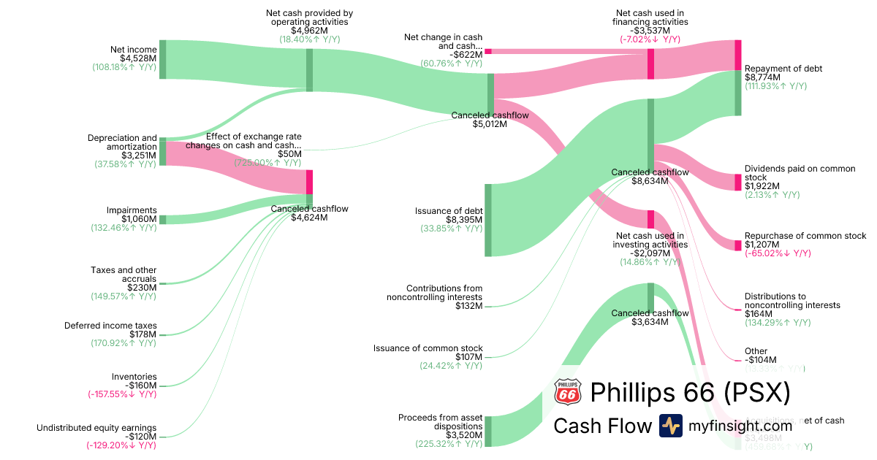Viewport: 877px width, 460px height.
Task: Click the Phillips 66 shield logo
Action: pyautogui.click(x=568, y=392)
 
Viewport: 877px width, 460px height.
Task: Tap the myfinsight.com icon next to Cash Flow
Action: pyautogui.click(x=670, y=426)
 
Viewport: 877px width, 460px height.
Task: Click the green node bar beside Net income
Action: pyautogui.click(x=162, y=59)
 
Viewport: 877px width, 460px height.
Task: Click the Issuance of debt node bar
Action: pyautogui.click(x=488, y=220)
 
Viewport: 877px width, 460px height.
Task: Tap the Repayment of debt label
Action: pyautogui.click(x=783, y=69)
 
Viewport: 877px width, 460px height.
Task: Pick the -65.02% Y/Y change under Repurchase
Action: pyautogui.click(x=778, y=253)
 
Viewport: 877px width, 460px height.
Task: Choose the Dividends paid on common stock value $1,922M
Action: pyautogui.click(x=762, y=186)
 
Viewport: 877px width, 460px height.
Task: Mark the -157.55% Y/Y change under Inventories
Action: pyautogui.click(x=121, y=394)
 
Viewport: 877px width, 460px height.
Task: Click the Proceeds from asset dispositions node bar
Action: pyautogui.click(x=488, y=431)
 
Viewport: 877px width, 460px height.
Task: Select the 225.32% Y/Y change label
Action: pyautogui.click(x=451, y=443)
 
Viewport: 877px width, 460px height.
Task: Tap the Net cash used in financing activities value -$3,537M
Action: pyautogui.click(x=650, y=31)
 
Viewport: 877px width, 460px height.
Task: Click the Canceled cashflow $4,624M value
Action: pyautogui.click(x=309, y=217)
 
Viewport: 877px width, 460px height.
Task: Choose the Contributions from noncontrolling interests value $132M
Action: pyautogui.click(x=468, y=305)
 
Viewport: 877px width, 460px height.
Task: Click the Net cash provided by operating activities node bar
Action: pyautogui.click(x=309, y=69)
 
